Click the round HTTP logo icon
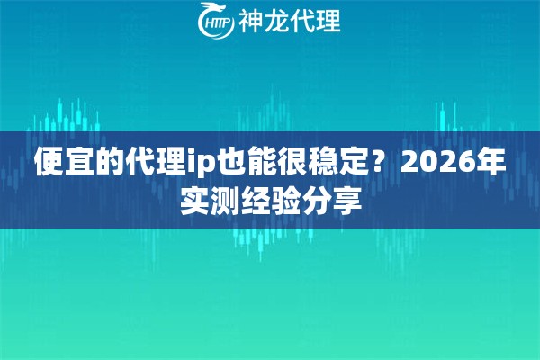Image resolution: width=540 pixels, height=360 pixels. coord(214,22)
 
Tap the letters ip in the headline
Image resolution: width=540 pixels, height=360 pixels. coord(201,164)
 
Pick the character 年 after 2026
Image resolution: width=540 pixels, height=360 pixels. coord(490,163)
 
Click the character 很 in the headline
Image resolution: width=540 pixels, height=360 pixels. coord(295,163)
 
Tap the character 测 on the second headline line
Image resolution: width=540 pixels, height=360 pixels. coord(225,199)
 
